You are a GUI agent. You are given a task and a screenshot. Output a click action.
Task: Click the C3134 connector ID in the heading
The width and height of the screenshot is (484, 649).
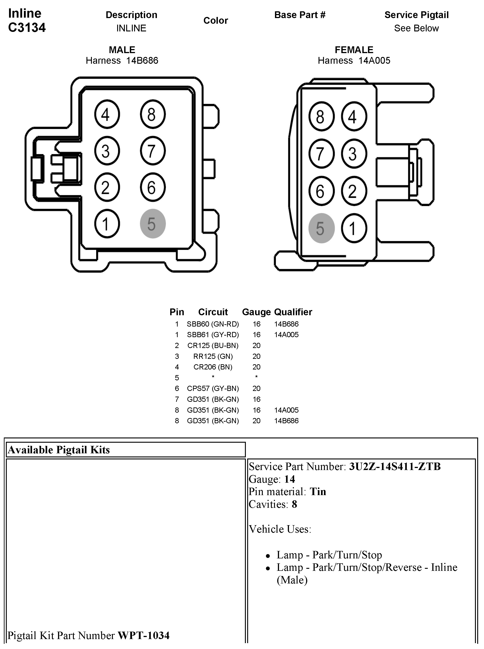(x=27, y=28)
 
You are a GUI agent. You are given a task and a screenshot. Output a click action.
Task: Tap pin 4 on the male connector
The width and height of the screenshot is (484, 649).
(x=107, y=114)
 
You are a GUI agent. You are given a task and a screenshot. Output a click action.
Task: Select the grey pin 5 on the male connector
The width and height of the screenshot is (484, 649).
(x=153, y=223)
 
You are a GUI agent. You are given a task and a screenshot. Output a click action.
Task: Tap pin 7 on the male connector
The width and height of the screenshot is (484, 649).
(x=153, y=151)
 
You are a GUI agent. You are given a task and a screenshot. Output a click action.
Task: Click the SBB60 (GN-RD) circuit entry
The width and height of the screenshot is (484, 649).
(x=213, y=324)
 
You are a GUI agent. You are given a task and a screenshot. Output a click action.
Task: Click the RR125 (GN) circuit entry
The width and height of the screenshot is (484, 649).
(x=213, y=356)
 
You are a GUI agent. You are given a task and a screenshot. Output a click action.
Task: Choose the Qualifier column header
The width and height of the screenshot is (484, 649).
(x=293, y=312)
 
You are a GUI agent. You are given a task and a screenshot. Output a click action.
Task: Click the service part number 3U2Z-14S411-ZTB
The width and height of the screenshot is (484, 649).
(x=395, y=466)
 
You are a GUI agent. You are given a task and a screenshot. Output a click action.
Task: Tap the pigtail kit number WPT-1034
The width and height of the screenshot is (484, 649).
(x=144, y=635)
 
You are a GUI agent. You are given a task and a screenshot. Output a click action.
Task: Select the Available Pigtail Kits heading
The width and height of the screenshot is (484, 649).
(x=59, y=450)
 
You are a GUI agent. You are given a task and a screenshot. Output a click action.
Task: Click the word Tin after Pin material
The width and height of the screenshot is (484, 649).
(x=318, y=491)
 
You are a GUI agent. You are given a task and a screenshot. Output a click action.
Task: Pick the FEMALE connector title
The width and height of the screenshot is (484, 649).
(x=354, y=50)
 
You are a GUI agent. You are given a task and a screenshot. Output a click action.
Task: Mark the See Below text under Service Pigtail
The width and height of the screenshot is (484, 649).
(x=416, y=28)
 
